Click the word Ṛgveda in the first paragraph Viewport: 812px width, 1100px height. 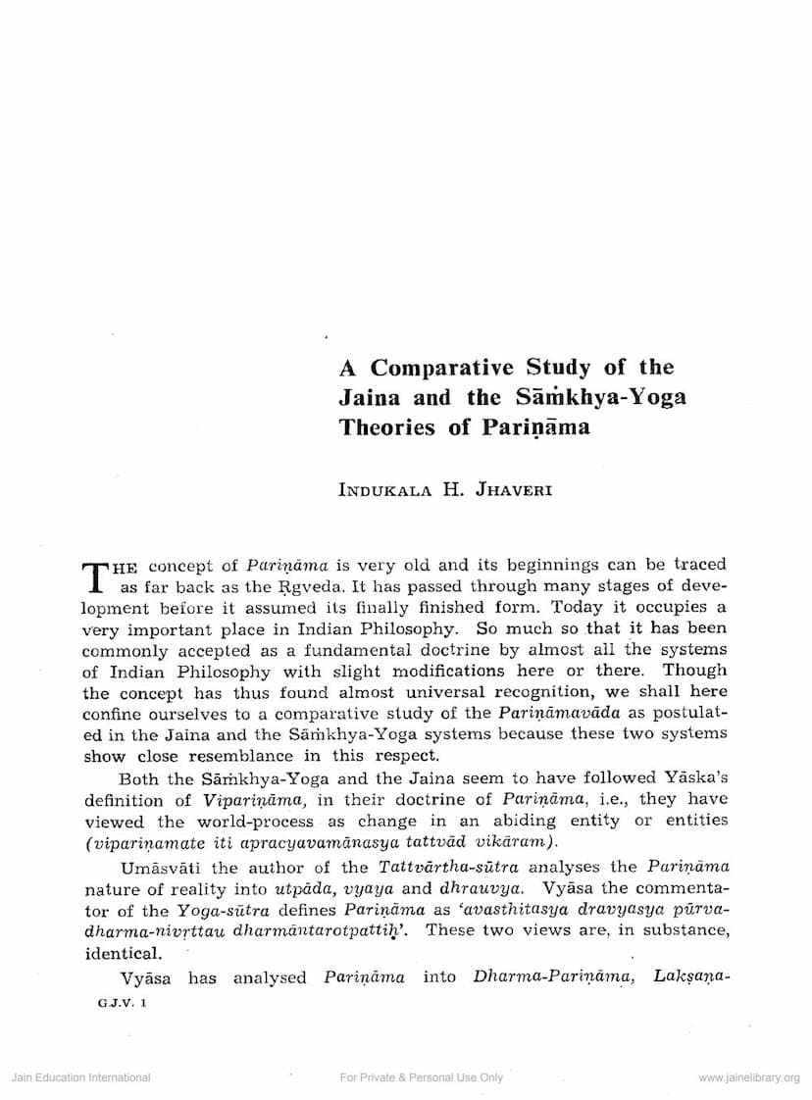[x=307, y=586]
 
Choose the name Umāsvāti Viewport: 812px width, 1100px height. [x=165, y=868]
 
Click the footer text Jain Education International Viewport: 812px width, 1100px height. [x=80, y=1077]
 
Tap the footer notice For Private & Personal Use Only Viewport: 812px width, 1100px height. [x=421, y=1077]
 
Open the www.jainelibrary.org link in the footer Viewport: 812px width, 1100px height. [x=749, y=1077]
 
